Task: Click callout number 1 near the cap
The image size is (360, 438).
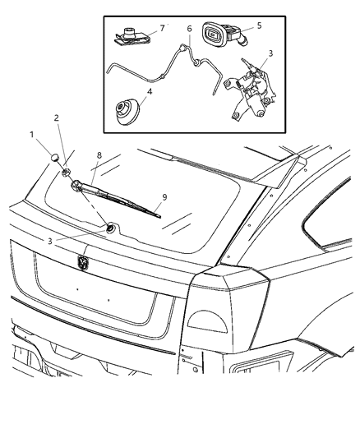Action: pos(31,134)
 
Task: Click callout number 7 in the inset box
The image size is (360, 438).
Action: pos(161,27)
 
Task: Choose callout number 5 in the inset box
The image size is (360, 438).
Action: pos(260,25)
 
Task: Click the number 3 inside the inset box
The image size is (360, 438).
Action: pos(270,53)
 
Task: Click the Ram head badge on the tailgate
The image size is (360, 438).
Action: pos(82,262)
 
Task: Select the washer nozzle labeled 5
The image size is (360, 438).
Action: pos(220,37)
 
